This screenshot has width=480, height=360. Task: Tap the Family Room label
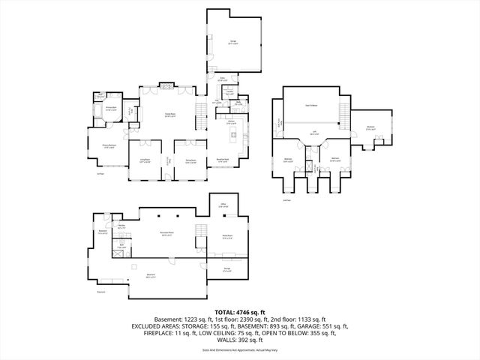(170, 115)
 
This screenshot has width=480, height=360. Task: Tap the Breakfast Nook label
(223, 160)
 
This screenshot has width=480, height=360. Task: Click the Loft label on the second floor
(313, 133)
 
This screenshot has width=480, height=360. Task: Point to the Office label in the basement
(223, 205)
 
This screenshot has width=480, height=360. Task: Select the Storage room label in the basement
(227, 270)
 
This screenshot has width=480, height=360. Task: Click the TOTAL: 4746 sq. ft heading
(239, 311)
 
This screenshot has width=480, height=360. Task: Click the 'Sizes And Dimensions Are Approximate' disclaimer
(239, 350)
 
